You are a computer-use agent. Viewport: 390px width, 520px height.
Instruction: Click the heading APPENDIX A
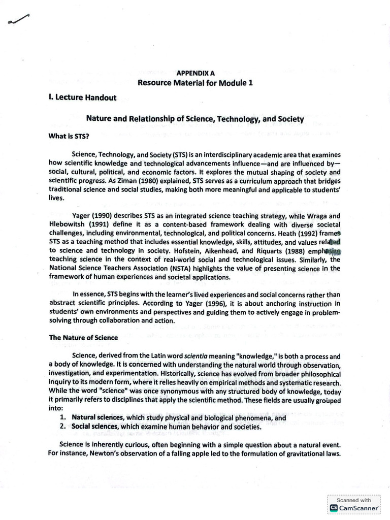point(195,73)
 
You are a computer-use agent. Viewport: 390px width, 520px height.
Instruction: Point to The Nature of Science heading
point(83,337)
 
